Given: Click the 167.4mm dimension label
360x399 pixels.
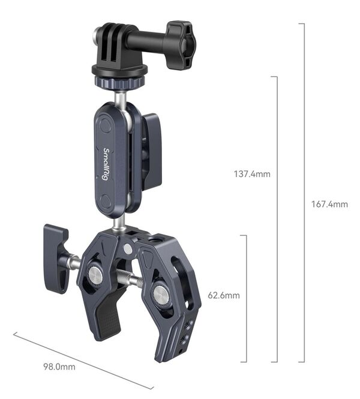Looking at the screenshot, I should [x=329, y=204].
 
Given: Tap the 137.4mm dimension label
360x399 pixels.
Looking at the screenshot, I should [x=252, y=175].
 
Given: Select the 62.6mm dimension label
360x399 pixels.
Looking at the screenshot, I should [x=224, y=295].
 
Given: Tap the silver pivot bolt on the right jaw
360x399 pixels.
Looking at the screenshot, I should [x=160, y=293].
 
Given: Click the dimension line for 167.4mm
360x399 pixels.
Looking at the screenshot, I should [x=304, y=192].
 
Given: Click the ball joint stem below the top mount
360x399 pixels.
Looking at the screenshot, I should [x=121, y=96].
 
